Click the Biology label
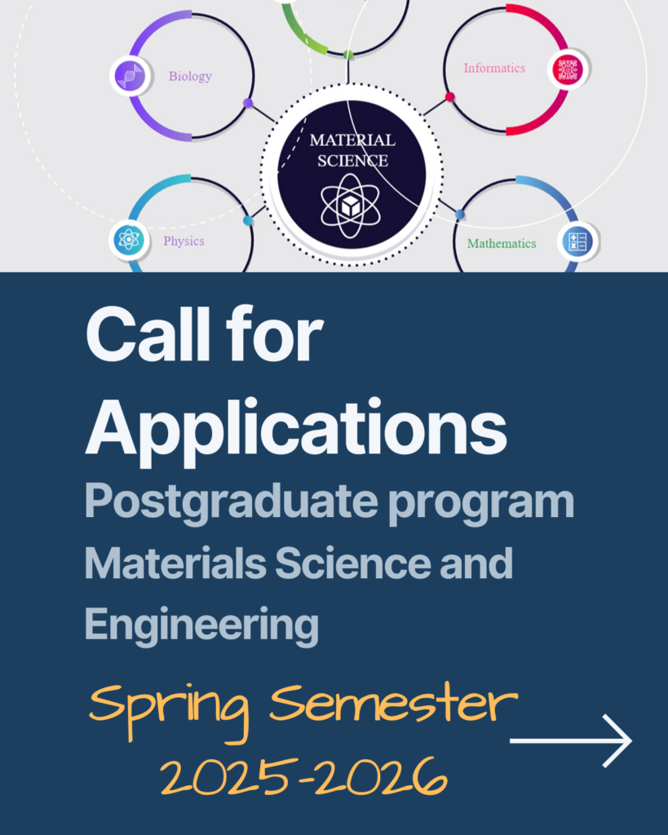click(x=190, y=77)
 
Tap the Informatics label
click(x=494, y=68)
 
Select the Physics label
click(x=184, y=241)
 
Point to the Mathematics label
click(x=502, y=243)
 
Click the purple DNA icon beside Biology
click(x=131, y=76)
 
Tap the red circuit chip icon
click(x=568, y=69)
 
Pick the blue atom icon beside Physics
click(x=129, y=239)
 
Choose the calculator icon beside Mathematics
click(x=578, y=241)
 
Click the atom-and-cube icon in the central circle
click(x=351, y=206)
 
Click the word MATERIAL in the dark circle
click(x=352, y=140)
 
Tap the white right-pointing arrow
click(x=570, y=740)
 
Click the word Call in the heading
click(x=148, y=334)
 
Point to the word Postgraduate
click(x=232, y=501)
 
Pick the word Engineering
click(x=201, y=625)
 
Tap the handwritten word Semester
click(x=394, y=702)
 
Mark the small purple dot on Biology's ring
click(x=248, y=103)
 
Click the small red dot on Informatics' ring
click(x=450, y=97)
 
